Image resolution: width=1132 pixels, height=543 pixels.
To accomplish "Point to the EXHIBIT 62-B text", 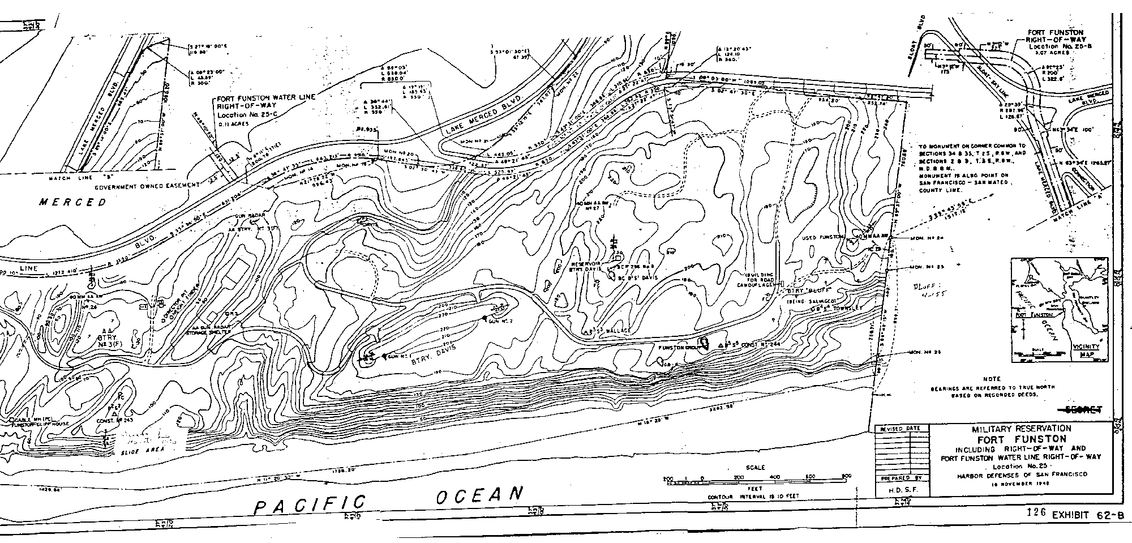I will [x=1086, y=515].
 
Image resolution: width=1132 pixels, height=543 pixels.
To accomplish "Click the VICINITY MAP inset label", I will [x=1086, y=350].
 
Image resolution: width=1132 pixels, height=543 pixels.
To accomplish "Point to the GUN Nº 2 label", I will [x=500, y=321].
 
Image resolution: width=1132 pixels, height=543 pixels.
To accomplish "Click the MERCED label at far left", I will [x=73, y=203].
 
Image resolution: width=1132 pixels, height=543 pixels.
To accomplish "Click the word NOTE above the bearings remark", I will [x=991, y=379].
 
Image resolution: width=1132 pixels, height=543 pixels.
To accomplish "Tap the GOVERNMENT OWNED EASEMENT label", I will [x=148, y=186].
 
